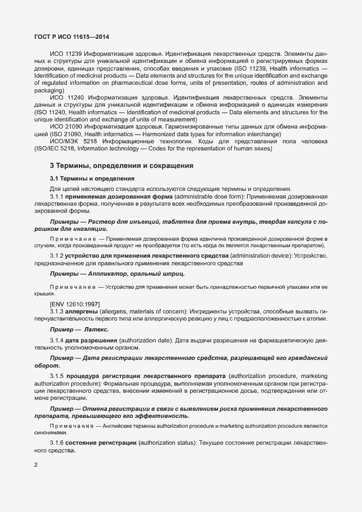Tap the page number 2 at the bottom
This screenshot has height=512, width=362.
click(x=36, y=466)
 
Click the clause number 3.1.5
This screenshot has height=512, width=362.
click(x=58, y=376)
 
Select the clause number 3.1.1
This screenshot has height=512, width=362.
click(x=58, y=195)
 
